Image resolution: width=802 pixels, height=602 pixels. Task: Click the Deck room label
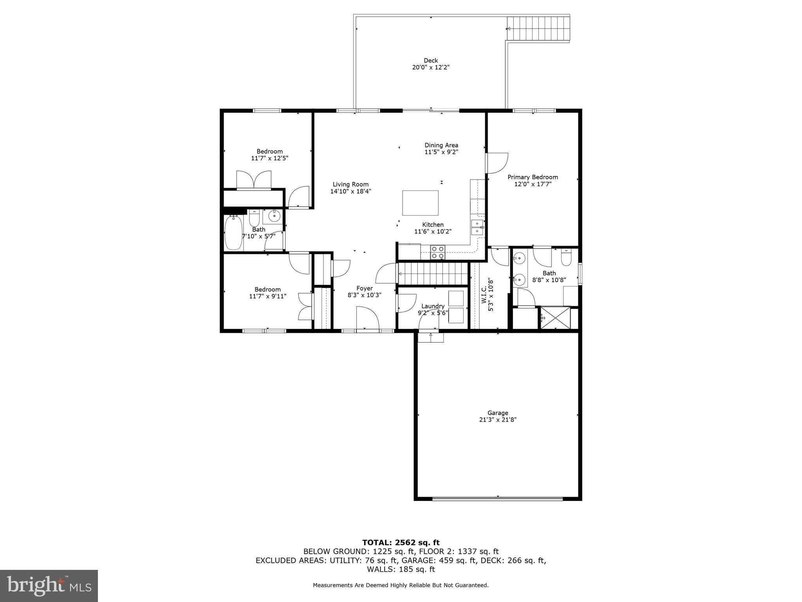430,60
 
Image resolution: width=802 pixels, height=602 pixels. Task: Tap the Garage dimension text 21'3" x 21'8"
497,420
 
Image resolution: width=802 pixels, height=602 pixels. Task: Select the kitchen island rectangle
420,203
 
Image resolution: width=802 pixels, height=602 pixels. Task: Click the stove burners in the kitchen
437,252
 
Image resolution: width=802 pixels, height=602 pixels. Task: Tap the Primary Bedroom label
533,177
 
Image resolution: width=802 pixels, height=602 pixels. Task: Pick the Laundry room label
433,306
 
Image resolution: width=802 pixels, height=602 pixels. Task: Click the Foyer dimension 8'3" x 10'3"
364,295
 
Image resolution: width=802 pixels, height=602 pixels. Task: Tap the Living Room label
350,184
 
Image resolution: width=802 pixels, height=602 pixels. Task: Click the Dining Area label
441,145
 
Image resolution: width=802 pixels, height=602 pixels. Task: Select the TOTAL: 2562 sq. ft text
401,543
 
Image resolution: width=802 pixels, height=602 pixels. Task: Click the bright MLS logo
49,586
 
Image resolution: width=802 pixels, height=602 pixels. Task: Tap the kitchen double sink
477,227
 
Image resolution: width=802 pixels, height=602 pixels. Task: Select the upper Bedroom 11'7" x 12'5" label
269,151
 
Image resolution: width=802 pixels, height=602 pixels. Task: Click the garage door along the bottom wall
497,498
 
